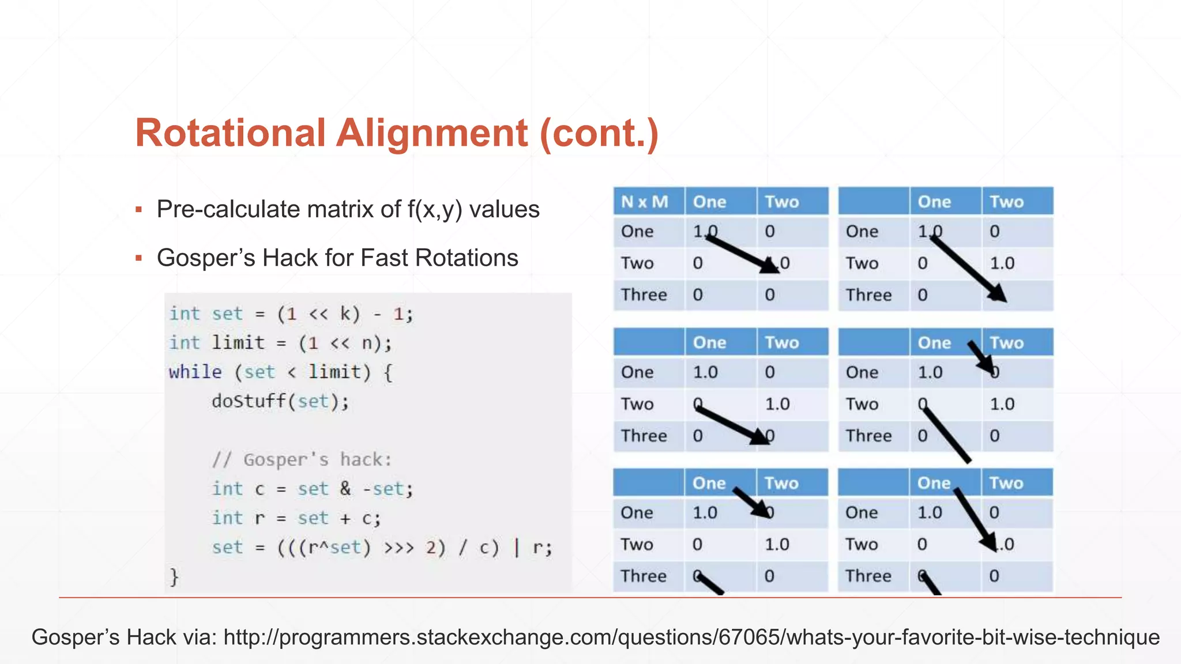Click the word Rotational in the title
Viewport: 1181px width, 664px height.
(x=230, y=133)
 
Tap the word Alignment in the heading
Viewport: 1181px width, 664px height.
(x=431, y=133)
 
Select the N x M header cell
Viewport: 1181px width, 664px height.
(x=645, y=202)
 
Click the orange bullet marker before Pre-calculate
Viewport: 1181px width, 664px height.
(x=138, y=209)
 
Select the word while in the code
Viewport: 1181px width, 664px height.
(x=195, y=372)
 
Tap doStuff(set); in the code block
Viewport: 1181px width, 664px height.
(x=280, y=401)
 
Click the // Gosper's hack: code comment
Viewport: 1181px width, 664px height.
(x=302, y=459)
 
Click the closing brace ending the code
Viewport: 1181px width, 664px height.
(x=174, y=576)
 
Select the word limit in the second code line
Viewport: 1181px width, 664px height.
(x=238, y=343)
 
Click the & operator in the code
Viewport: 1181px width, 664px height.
(x=345, y=489)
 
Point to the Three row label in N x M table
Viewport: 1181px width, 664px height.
(x=644, y=295)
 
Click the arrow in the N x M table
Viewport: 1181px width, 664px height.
(x=742, y=254)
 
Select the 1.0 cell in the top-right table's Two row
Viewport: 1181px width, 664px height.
(x=1002, y=263)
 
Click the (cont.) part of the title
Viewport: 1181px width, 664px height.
(x=599, y=133)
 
